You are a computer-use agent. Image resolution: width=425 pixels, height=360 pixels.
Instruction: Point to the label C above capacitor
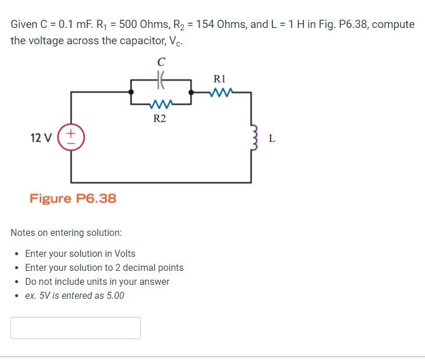point(161,61)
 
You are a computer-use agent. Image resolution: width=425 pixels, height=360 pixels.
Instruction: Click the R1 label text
point(220,78)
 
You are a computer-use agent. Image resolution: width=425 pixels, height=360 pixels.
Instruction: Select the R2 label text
point(160,119)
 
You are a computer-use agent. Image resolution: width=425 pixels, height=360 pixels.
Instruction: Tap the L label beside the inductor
point(272,139)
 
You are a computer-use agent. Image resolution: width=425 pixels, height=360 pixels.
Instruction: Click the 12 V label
point(41,138)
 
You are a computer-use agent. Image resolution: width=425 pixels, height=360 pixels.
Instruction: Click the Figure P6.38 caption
point(73,199)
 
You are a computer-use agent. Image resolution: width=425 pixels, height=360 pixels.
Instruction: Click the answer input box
point(76,328)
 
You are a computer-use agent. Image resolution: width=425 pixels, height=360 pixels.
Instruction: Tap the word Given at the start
point(23,24)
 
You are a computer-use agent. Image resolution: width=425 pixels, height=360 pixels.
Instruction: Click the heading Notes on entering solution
point(66,232)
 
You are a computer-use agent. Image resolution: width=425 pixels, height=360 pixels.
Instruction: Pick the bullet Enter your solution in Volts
point(80,253)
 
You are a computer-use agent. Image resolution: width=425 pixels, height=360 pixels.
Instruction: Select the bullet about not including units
point(97,281)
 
